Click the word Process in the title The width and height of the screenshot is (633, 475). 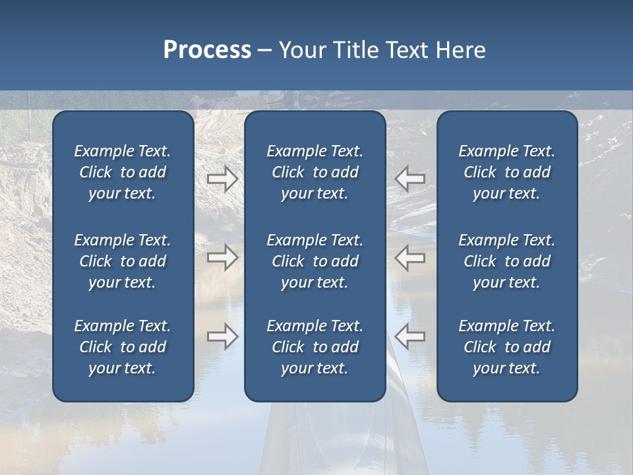(x=207, y=50)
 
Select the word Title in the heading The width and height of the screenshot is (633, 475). (x=353, y=50)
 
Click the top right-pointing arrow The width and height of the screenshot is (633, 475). (x=222, y=179)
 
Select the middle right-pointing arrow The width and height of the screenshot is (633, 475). (x=222, y=257)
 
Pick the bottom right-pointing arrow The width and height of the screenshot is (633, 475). (x=222, y=336)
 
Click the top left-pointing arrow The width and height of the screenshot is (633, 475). (x=410, y=179)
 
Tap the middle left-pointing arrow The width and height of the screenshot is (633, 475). (x=410, y=257)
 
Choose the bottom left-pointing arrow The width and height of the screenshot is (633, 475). (x=410, y=336)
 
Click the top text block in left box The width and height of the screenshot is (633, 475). (x=123, y=172)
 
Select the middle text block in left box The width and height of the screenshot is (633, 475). (x=123, y=261)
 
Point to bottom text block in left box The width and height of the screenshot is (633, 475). (x=123, y=347)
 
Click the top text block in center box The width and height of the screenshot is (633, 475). (x=315, y=172)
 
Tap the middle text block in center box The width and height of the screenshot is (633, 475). (x=315, y=261)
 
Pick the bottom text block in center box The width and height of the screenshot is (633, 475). (x=315, y=347)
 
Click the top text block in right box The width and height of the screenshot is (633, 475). (x=506, y=172)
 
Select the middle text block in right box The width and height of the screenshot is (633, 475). (x=506, y=261)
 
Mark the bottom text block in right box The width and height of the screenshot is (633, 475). (x=506, y=347)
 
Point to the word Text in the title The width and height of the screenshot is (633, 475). (x=407, y=50)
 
